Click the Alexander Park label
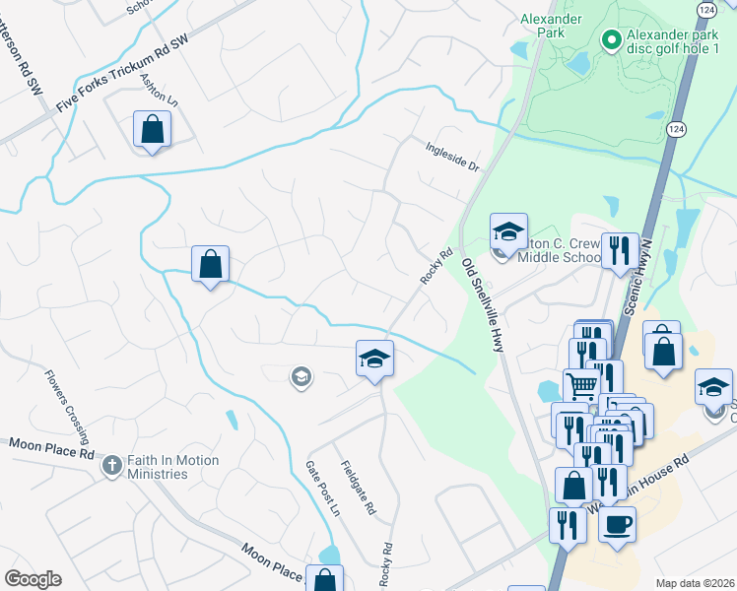551,25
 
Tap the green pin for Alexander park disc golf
611,40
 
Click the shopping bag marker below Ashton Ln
153,129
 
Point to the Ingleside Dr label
452,157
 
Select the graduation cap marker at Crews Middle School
508,232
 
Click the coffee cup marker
617,524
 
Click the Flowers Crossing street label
66,406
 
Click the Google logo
33,579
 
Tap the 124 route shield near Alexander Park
677,8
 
